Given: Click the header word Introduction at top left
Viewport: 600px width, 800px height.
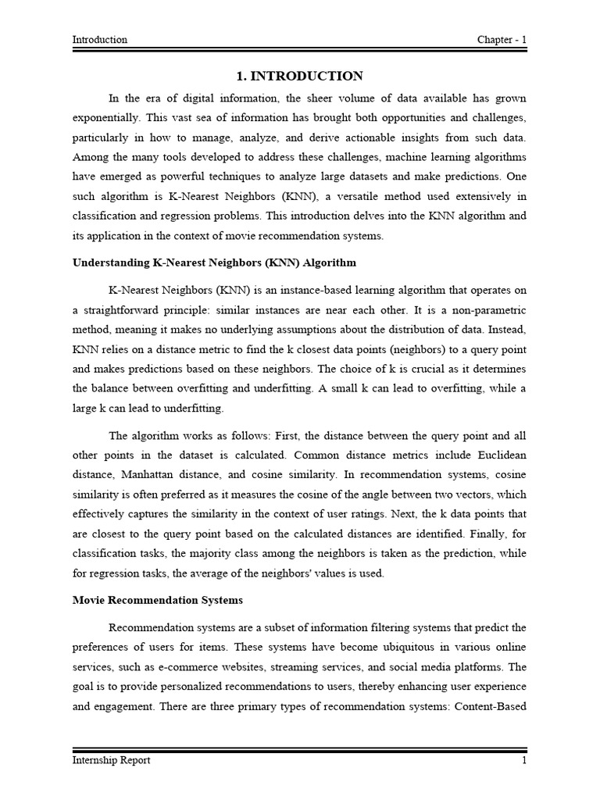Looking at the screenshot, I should click(100, 40).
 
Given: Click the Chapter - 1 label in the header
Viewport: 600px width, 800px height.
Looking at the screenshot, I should click(502, 40).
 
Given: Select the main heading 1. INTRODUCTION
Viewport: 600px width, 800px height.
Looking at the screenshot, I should click(299, 76).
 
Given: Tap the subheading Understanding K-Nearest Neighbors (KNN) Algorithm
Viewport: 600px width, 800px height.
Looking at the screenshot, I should click(215, 262).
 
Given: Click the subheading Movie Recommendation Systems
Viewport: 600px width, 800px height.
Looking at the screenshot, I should click(158, 600).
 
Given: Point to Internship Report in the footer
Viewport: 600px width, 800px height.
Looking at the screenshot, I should click(112, 760).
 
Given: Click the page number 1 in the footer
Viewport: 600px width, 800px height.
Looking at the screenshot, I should click(524, 760).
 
